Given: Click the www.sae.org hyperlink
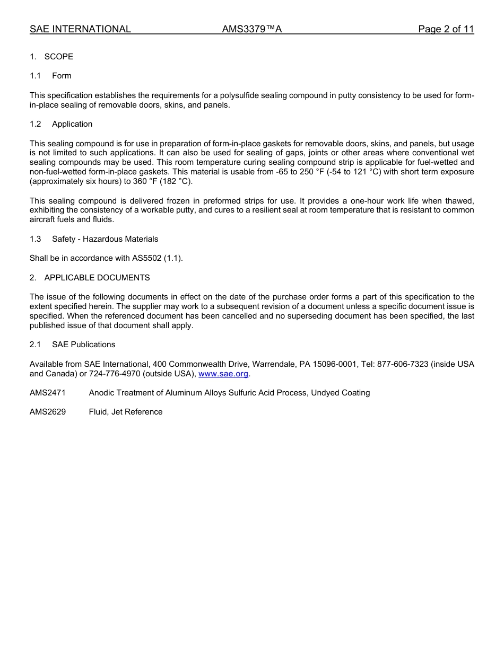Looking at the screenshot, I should (223, 374).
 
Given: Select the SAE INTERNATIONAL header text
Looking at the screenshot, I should (80, 29).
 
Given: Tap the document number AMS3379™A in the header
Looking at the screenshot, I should (251, 29).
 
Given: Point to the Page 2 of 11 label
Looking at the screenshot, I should (446, 29).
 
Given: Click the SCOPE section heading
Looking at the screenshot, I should (58, 57).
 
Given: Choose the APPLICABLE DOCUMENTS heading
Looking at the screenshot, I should (97, 278).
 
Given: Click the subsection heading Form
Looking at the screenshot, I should (62, 76).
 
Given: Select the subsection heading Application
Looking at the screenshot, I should (72, 124).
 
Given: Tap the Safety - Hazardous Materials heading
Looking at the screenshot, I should (105, 239).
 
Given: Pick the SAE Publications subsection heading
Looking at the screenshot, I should (83, 345).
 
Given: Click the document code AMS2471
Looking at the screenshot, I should (48, 393).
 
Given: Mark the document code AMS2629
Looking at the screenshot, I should (48, 412).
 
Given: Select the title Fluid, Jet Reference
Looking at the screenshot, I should (126, 412).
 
